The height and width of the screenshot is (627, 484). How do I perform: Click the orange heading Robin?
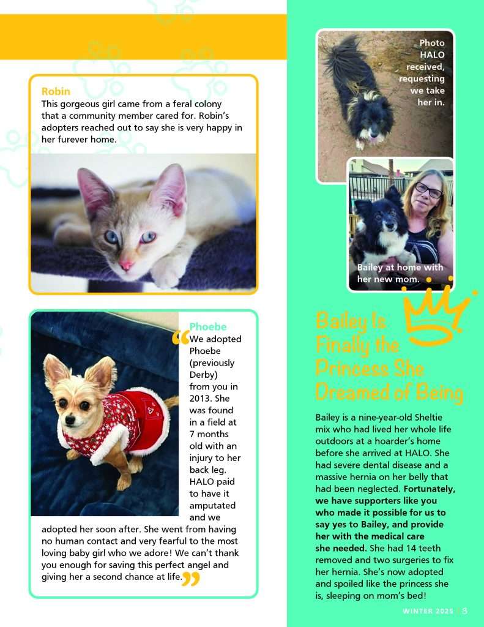[x=56, y=92]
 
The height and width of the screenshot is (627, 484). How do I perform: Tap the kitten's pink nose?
[x=125, y=265]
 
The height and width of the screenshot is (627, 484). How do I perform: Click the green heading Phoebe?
[x=207, y=326]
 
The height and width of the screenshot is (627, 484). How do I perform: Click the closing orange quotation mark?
[x=191, y=579]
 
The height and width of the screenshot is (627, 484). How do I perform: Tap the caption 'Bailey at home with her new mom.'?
[x=400, y=273]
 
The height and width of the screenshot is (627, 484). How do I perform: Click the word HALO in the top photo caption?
[x=432, y=54]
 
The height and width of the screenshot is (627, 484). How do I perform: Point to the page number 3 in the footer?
[x=466, y=610]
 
